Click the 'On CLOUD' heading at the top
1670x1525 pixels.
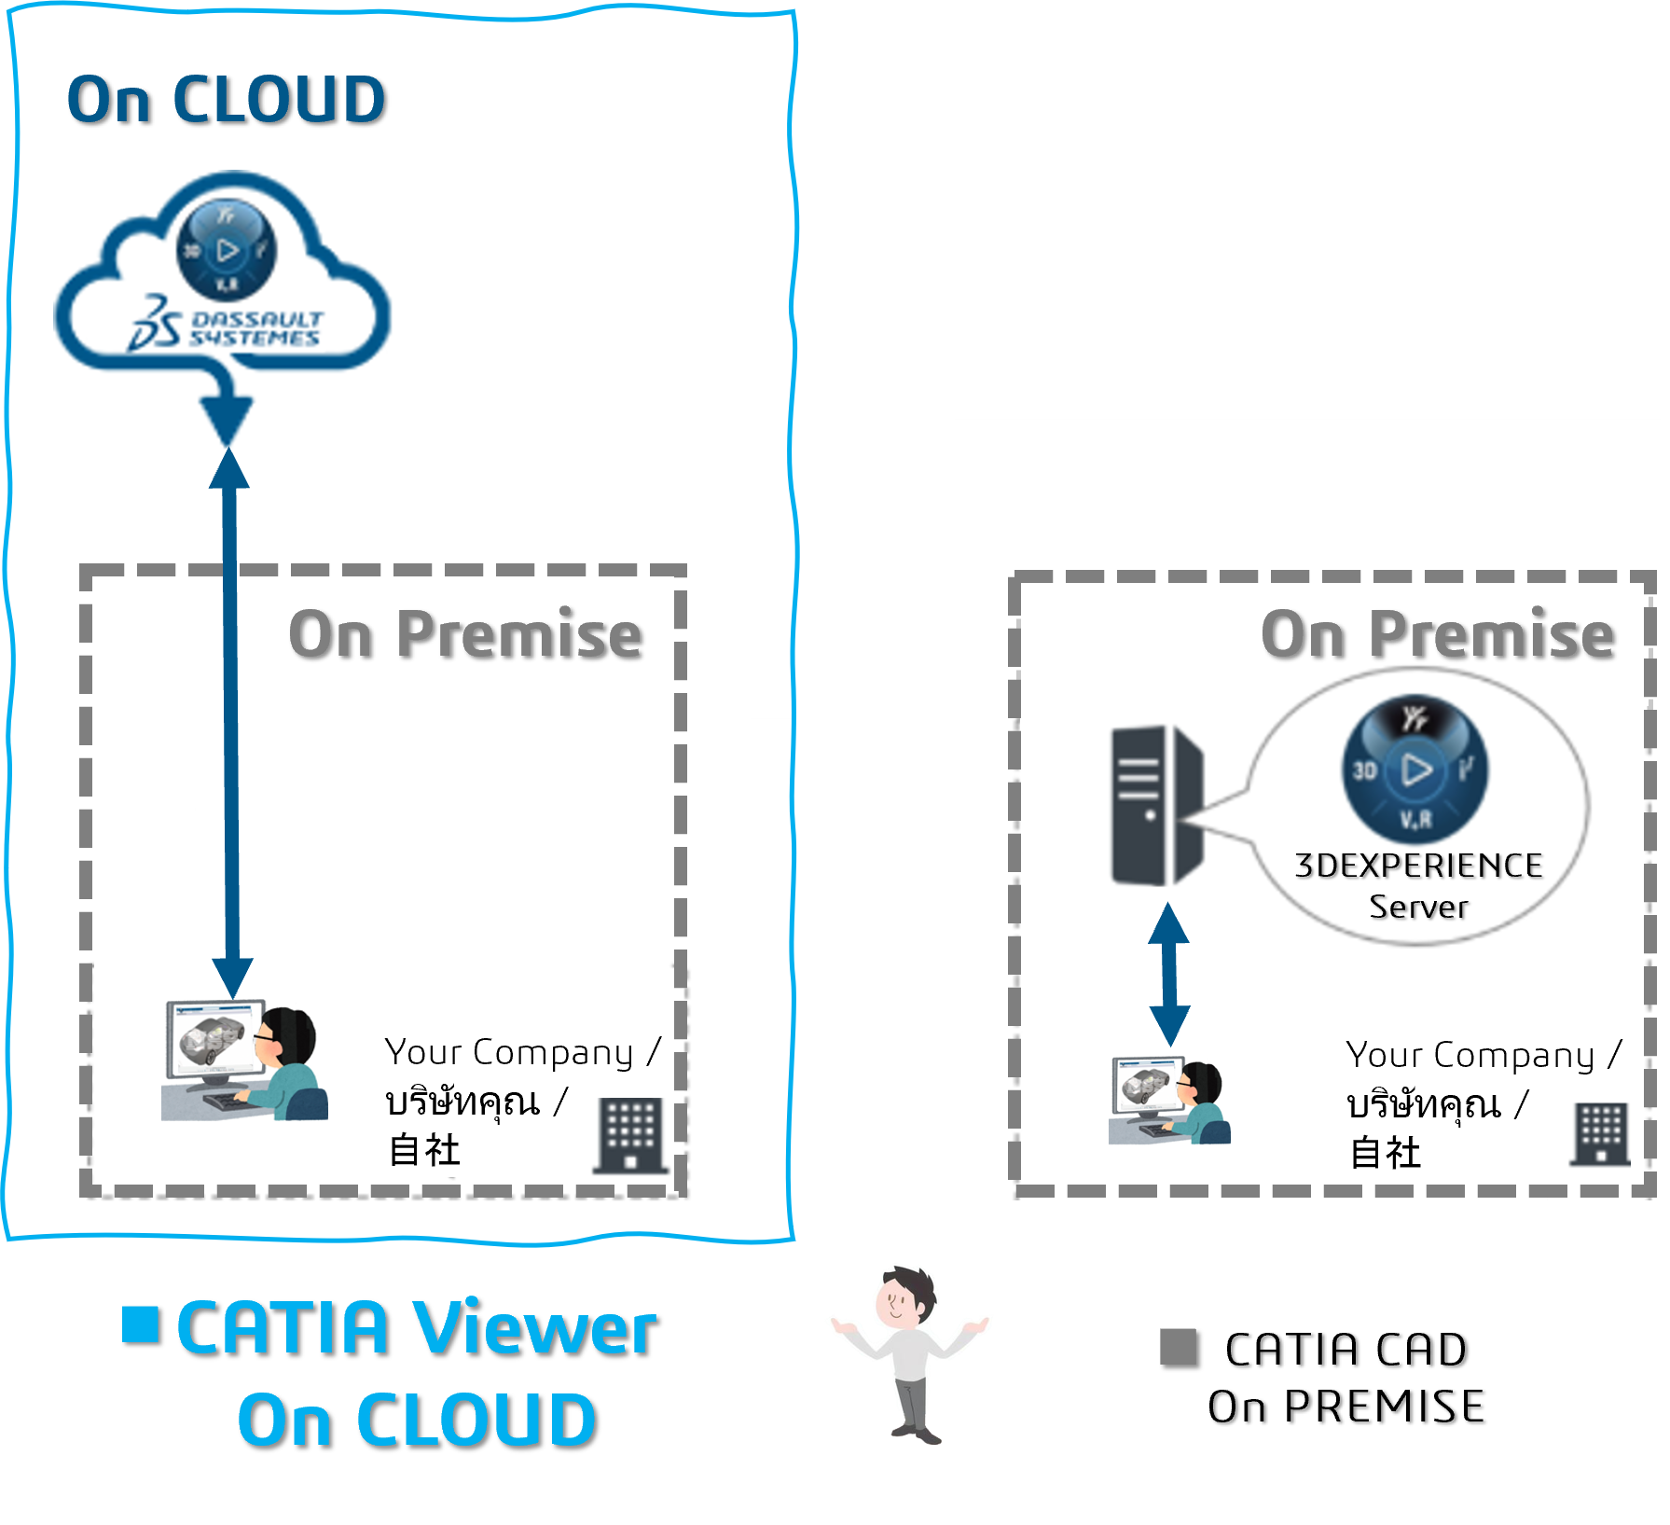tap(226, 100)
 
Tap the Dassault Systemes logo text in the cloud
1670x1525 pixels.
tap(254, 328)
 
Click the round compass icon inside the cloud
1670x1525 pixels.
tap(227, 249)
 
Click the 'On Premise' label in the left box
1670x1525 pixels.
tap(465, 634)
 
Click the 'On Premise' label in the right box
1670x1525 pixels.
tap(1436, 634)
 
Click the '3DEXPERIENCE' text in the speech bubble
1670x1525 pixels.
tap(1418, 866)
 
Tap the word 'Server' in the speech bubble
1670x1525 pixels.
tap(1418, 907)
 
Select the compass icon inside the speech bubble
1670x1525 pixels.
tap(1415, 770)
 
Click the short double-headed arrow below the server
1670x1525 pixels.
tap(1168, 975)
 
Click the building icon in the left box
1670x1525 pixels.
tap(631, 1134)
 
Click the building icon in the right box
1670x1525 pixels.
tap(1601, 1134)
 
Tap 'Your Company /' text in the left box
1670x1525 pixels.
tap(522, 1052)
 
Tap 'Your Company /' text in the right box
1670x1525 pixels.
tap(1484, 1055)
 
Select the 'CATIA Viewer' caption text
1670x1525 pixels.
tap(416, 1327)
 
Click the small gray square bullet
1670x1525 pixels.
tap(1178, 1347)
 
